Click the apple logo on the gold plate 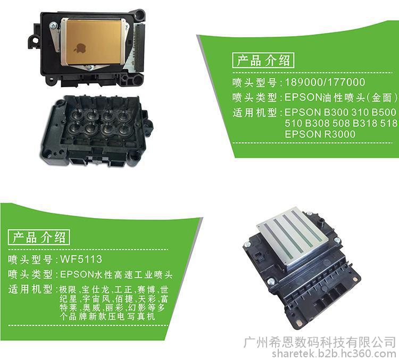pyautogui.click(x=80, y=48)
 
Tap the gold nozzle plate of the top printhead pyautogui.click(x=94, y=41)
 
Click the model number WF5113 pyautogui.click(x=81, y=259)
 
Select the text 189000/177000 pyautogui.click(x=325, y=82)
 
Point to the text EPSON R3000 pyautogui.click(x=320, y=134)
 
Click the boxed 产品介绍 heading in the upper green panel pyautogui.click(x=263, y=60)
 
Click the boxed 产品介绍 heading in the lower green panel pyautogui.click(x=39, y=237)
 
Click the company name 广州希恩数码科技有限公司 pyautogui.click(x=320, y=342)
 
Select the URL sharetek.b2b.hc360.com pyautogui.click(x=334, y=354)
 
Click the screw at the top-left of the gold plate pyautogui.click(x=53, y=25)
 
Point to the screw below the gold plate pyautogui.click(x=90, y=68)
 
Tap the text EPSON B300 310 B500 pyautogui.click(x=340, y=112)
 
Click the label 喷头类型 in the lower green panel pyautogui.click(x=30, y=274)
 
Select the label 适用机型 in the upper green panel pyautogui.click(x=254, y=112)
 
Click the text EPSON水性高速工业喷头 pyautogui.click(x=117, y=274)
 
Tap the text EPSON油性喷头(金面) pyautogui.click(x=341, y=97)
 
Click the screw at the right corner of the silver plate pyautogui.click(x=336, y=240)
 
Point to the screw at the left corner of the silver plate pyautogui.click(x=247, y=244)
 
